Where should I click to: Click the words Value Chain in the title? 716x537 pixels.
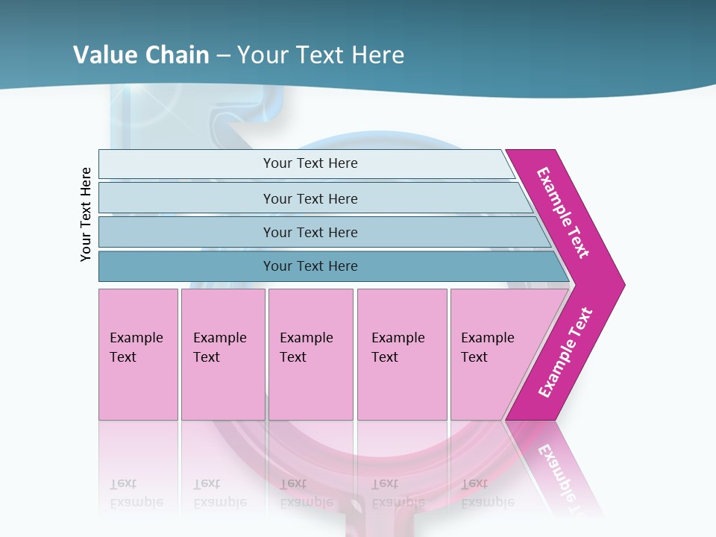(x=141, y=55)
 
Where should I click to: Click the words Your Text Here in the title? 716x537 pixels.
(x=321, y=55)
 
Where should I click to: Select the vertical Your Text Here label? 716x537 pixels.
(x=87, y=214)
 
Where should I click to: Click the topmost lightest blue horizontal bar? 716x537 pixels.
(x=186, y=164)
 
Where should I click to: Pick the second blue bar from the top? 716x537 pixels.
(x=186, y=198)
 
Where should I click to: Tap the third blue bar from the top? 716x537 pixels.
(x=186, y=232)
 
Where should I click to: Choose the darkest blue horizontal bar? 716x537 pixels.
(x=186, y=266)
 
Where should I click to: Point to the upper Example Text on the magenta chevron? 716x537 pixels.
(x=563, y=213)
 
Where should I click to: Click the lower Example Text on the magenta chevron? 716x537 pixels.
(x=565, y=353)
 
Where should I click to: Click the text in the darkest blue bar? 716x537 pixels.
(x=310, y=266)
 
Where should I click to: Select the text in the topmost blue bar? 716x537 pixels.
(x=310, y=163)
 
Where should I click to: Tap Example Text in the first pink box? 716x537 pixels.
(x=136, y=348)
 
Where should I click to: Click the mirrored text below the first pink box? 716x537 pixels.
(x=136, y=493)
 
